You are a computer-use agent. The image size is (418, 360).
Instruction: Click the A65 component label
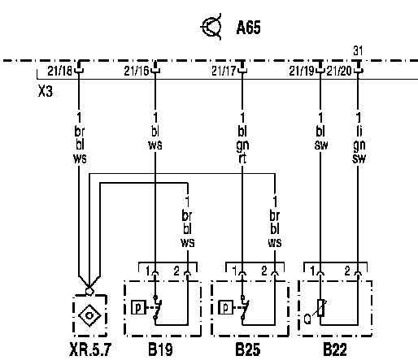click(248, 28)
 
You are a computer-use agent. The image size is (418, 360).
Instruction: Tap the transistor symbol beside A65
click(211, 27)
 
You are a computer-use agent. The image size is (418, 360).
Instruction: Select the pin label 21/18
click(59, 71)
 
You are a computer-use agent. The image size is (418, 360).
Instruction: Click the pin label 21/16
click(137, 71)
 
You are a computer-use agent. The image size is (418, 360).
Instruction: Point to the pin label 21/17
click(224, 71)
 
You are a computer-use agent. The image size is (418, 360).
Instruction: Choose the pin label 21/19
click(302, 71)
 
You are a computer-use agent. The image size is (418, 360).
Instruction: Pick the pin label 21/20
click(339, 71)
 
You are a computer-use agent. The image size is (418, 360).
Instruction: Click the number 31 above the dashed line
click(358, 50)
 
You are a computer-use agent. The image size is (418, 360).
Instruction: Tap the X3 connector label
click(46, 91)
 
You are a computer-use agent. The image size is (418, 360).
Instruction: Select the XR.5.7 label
click(90, 349)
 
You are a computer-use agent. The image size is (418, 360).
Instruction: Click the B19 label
click(160, 349)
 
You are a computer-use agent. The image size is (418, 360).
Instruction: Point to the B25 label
click(248, 349)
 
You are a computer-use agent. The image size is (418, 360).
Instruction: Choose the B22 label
click(335, 349)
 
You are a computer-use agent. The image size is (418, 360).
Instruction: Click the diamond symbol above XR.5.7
click(89, 315)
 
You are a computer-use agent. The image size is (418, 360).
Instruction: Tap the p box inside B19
click(138, 307)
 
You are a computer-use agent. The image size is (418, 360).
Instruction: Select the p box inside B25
click(225, 307)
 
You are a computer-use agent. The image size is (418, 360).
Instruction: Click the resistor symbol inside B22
click(321, 308)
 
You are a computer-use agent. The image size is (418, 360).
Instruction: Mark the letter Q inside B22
click(307, 319)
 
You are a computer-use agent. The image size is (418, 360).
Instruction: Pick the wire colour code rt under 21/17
click(242, 158)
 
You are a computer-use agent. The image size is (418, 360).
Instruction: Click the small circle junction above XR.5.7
click(89, 291)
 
